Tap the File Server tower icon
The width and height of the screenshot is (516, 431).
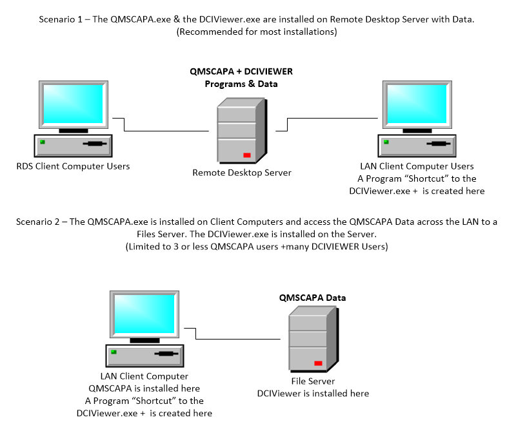point(313,339)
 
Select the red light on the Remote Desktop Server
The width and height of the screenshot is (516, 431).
point(246,155)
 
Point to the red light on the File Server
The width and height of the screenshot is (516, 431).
point(317,363)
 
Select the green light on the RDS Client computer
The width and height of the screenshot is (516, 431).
point(43,142)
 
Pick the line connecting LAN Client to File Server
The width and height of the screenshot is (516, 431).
point(239,339)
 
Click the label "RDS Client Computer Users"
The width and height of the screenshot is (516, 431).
point(73,166)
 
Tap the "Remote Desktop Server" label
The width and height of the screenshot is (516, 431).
point(242,173)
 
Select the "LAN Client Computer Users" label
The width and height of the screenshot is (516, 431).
point(417,166)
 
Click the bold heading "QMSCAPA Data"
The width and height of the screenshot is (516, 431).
point(312,298)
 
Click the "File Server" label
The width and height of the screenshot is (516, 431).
point(313,381)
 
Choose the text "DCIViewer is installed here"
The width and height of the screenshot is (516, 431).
point(313,393)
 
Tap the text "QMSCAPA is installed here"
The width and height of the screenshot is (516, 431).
point(144,388)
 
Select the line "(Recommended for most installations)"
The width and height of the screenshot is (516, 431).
point(257,32)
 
